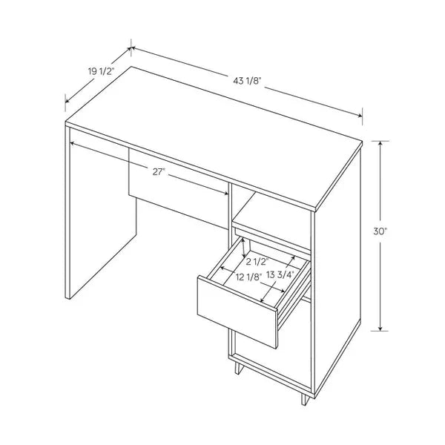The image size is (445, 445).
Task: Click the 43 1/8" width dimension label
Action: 247,80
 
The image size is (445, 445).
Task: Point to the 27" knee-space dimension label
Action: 159,172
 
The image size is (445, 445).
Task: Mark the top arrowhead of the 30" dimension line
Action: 380,144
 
